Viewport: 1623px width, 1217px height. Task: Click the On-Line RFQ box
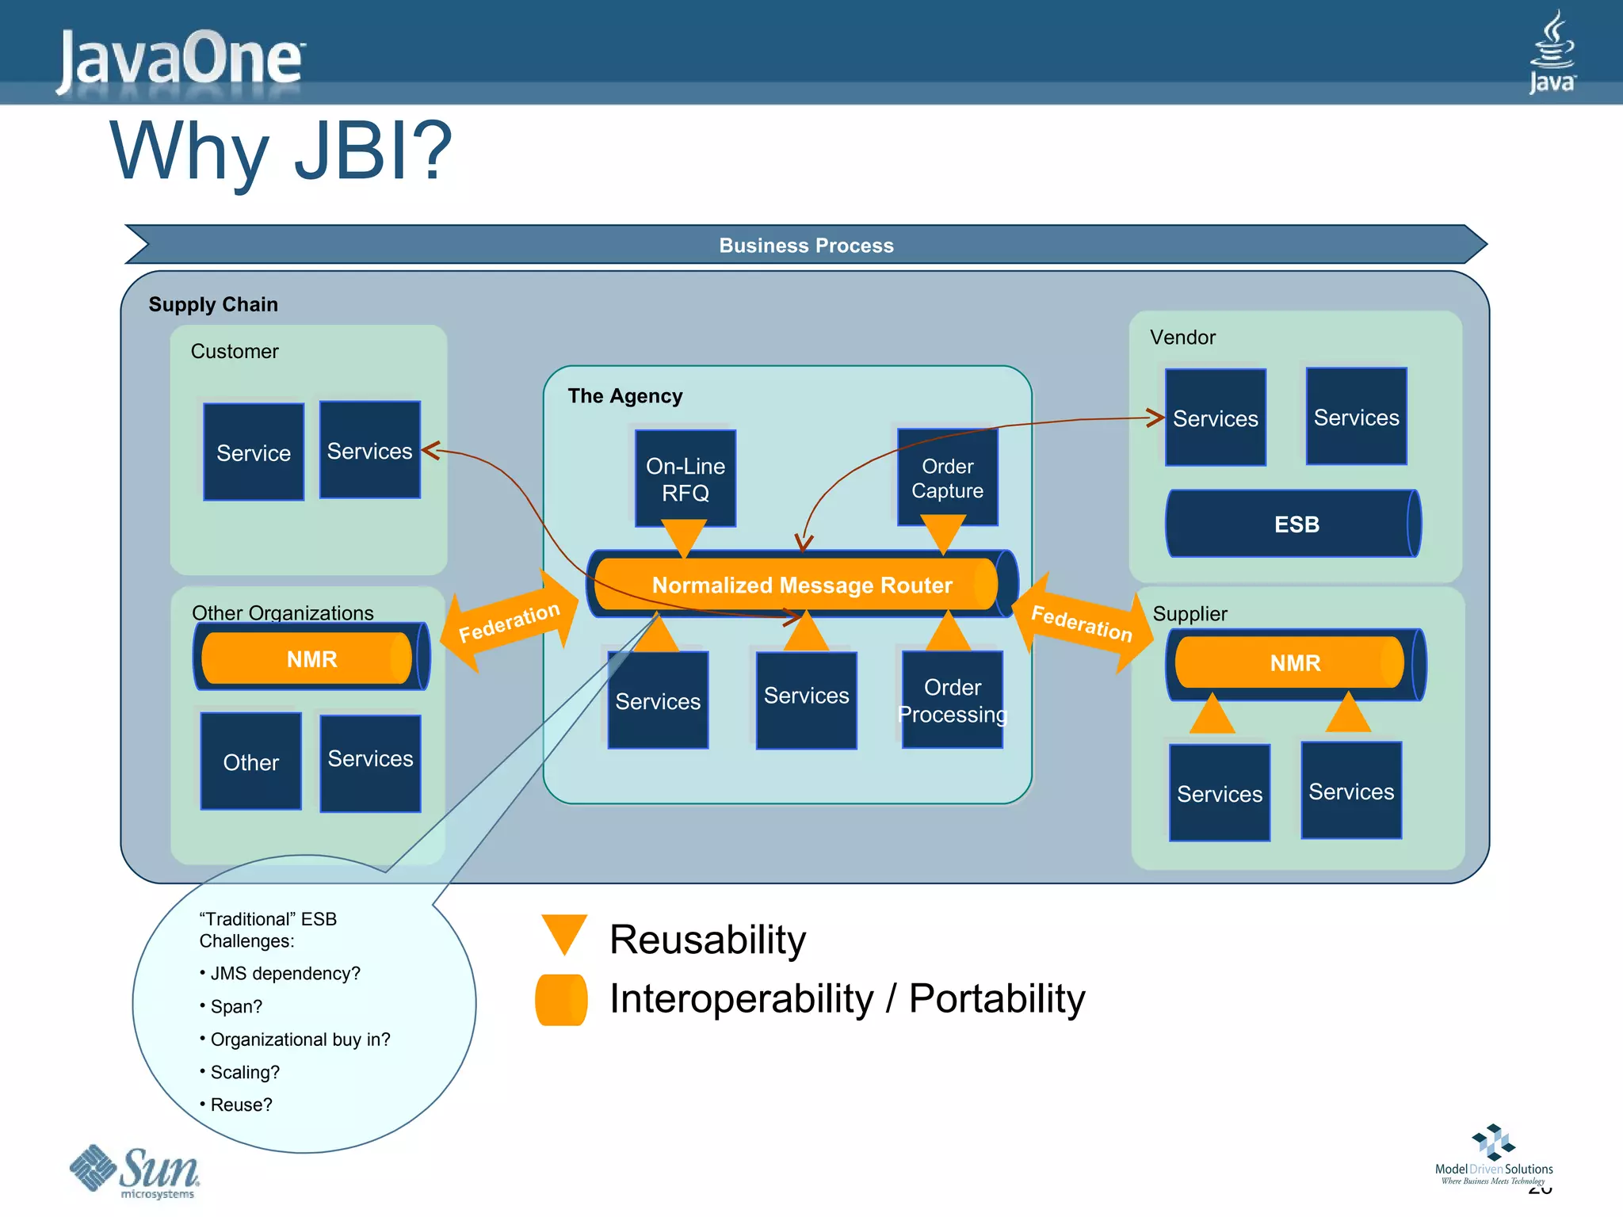685,478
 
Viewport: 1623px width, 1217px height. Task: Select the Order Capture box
947,477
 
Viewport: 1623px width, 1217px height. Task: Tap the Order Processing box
952,700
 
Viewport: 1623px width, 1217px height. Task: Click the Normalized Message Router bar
801,585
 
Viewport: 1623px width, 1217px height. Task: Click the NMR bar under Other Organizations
311,658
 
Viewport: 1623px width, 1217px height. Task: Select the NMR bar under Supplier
1294,663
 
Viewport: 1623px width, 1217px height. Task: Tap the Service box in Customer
254,452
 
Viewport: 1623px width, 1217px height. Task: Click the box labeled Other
251,761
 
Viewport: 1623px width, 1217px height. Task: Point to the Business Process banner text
806,246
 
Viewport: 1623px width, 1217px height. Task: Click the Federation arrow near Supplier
1082,623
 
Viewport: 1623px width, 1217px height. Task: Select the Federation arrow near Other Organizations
509,622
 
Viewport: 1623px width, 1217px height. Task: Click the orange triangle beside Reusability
563,933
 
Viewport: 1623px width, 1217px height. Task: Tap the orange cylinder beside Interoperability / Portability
561,999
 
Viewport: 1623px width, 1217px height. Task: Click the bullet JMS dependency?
285,973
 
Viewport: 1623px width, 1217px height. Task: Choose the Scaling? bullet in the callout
244,1072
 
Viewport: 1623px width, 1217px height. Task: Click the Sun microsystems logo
136,1172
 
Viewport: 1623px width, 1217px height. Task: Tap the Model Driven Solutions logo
1493,1155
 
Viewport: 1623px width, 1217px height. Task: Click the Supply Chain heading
213,304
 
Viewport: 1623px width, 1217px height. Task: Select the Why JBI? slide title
281,151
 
